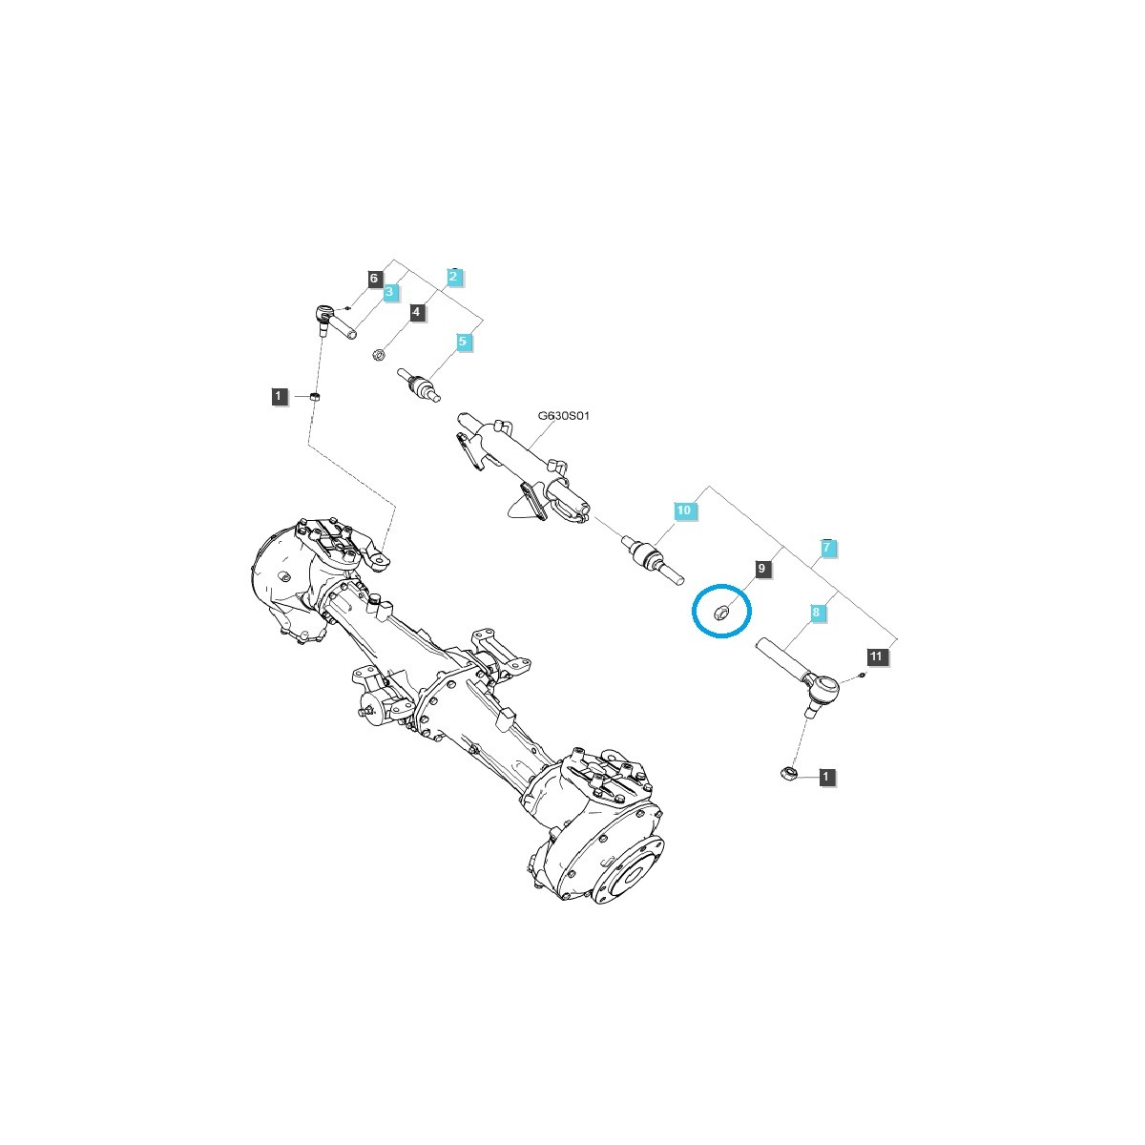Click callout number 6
374,278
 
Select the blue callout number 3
390,292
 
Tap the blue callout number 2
453,277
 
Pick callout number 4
417,311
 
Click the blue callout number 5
463,342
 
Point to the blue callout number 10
684,510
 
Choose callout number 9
762,569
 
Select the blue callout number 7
827,548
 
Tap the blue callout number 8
817,612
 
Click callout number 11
877,656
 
